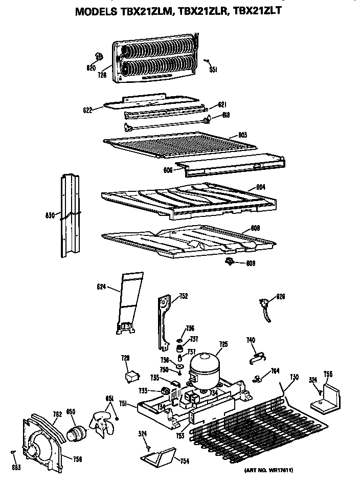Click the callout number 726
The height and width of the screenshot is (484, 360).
[x=102, y=75]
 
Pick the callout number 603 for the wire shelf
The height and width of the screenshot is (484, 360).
[x=242, y=135]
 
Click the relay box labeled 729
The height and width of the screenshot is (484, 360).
[x=133, y=377]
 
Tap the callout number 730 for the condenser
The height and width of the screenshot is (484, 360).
[x=294, y=377]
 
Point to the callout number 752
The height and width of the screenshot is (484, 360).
[x=183, y=296]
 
